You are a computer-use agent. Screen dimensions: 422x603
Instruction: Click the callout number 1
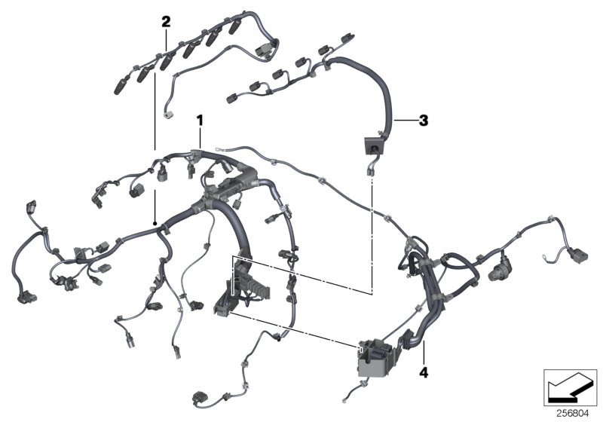[200, 119]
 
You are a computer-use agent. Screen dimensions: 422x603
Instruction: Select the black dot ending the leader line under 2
[154, 224]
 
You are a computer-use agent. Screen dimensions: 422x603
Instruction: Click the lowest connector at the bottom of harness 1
[201, 397]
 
